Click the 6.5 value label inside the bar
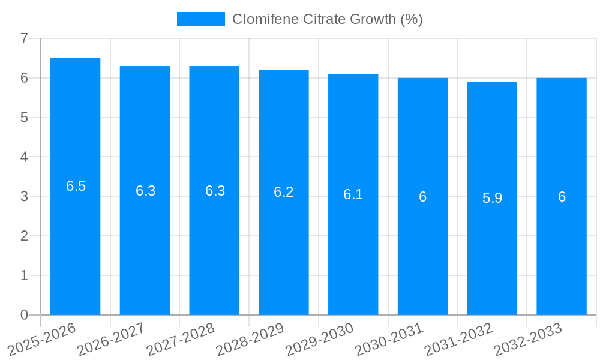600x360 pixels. (x=76, y=186)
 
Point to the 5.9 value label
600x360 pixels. (x=492, y=198)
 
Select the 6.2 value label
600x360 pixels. (x=284, y=192)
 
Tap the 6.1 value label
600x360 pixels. (x=353, y=194)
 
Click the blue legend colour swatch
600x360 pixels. (x=200, y=19)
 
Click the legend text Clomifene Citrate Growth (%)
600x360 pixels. (x=327, y=19)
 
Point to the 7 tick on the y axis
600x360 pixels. (x=24, y=38)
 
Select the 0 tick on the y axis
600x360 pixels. (x=24, y=315)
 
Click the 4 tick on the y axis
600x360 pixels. (x=24, y=157)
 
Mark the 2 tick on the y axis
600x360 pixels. (x=24, y=236)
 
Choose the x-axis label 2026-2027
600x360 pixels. (x=112, y=339)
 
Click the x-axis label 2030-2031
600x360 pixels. (x=389, y=339)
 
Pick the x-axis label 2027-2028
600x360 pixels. (x=181, y=339)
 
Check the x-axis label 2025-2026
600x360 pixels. (x=42, y=339)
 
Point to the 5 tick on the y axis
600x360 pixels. (x=24, y=118)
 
